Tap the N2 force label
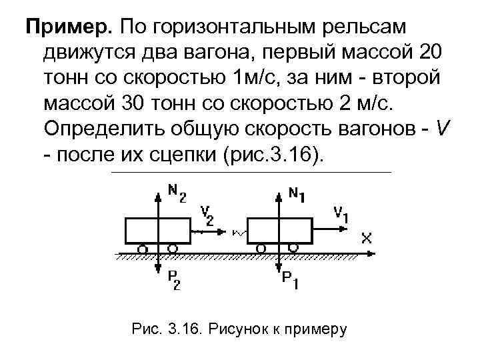[177, 194]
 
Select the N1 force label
[297, 194]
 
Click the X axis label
[366, 237]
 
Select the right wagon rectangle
[279, 231]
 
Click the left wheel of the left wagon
[142, 249]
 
